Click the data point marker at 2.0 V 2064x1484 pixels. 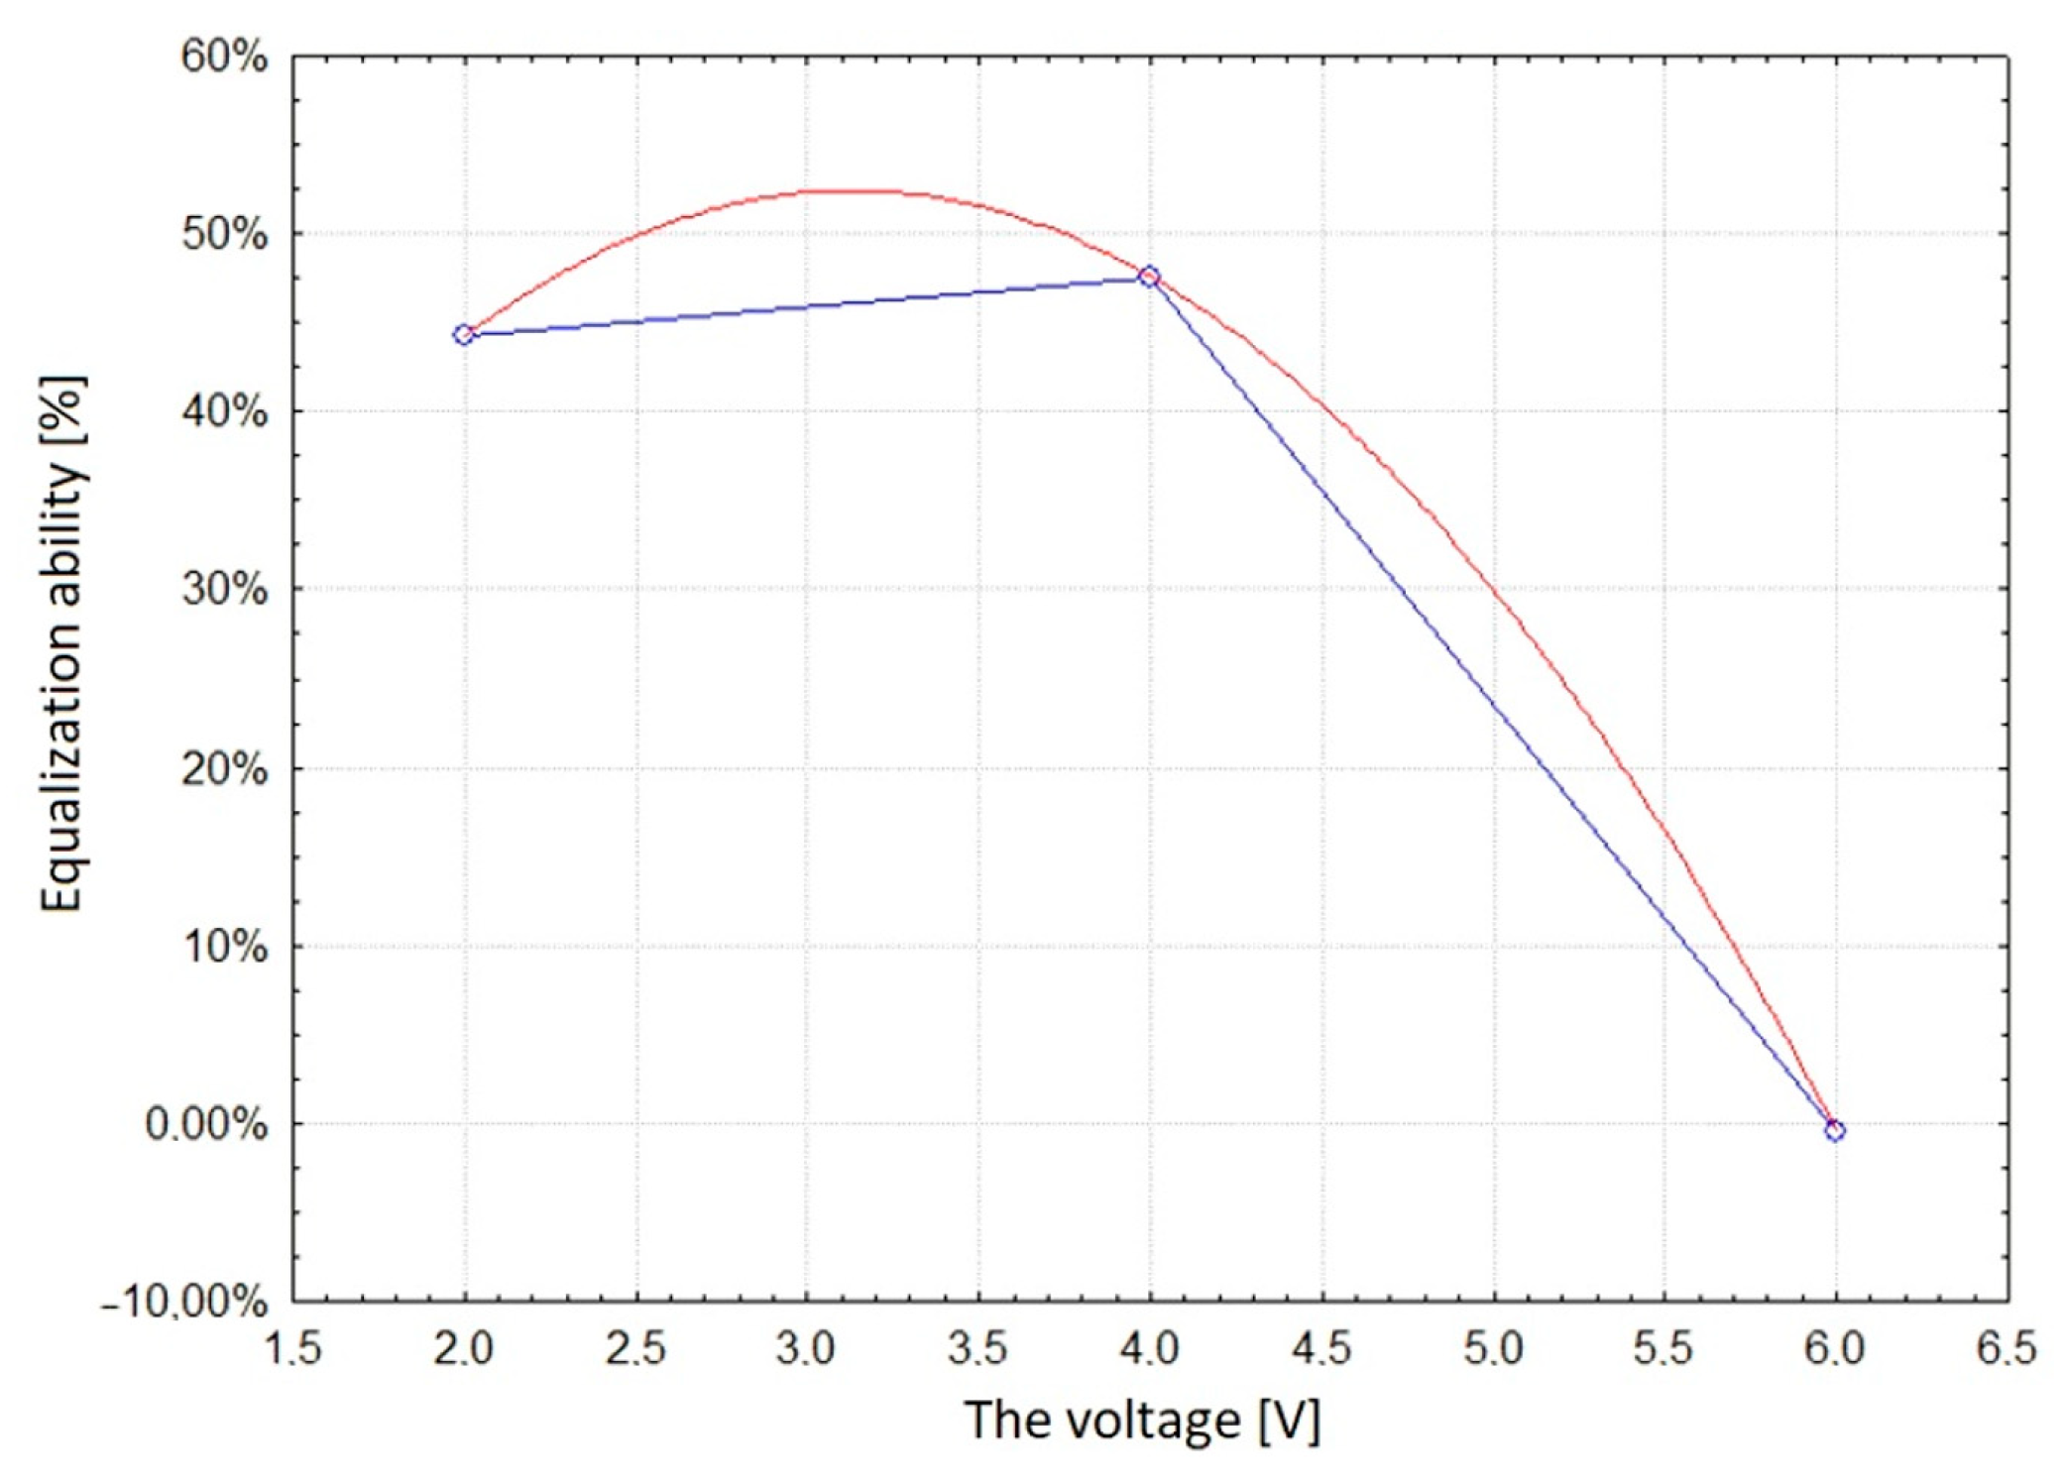tap(464, 335)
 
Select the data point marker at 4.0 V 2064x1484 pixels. tap(1149, 277)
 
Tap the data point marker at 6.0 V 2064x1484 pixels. tap(1835, 1130)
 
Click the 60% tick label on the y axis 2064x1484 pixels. tap(224, 57)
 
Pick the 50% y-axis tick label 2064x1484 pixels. tap(224, 235)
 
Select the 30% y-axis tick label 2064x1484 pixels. tap(224, 590)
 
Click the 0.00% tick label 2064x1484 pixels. tap(206, 1125)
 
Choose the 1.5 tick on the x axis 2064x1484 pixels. tap(292, 1349)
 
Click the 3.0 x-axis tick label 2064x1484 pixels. tap(807, 1349)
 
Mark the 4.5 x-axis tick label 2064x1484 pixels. tap(1321, 1349)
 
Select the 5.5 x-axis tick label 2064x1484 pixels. tap(1663, 1349)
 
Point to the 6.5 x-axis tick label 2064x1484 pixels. tap(2005, 1349)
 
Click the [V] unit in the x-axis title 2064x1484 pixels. tap(1290, 1422)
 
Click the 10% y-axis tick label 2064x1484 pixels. tap(224, 947)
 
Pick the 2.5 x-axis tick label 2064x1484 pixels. tap(634, 1349)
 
